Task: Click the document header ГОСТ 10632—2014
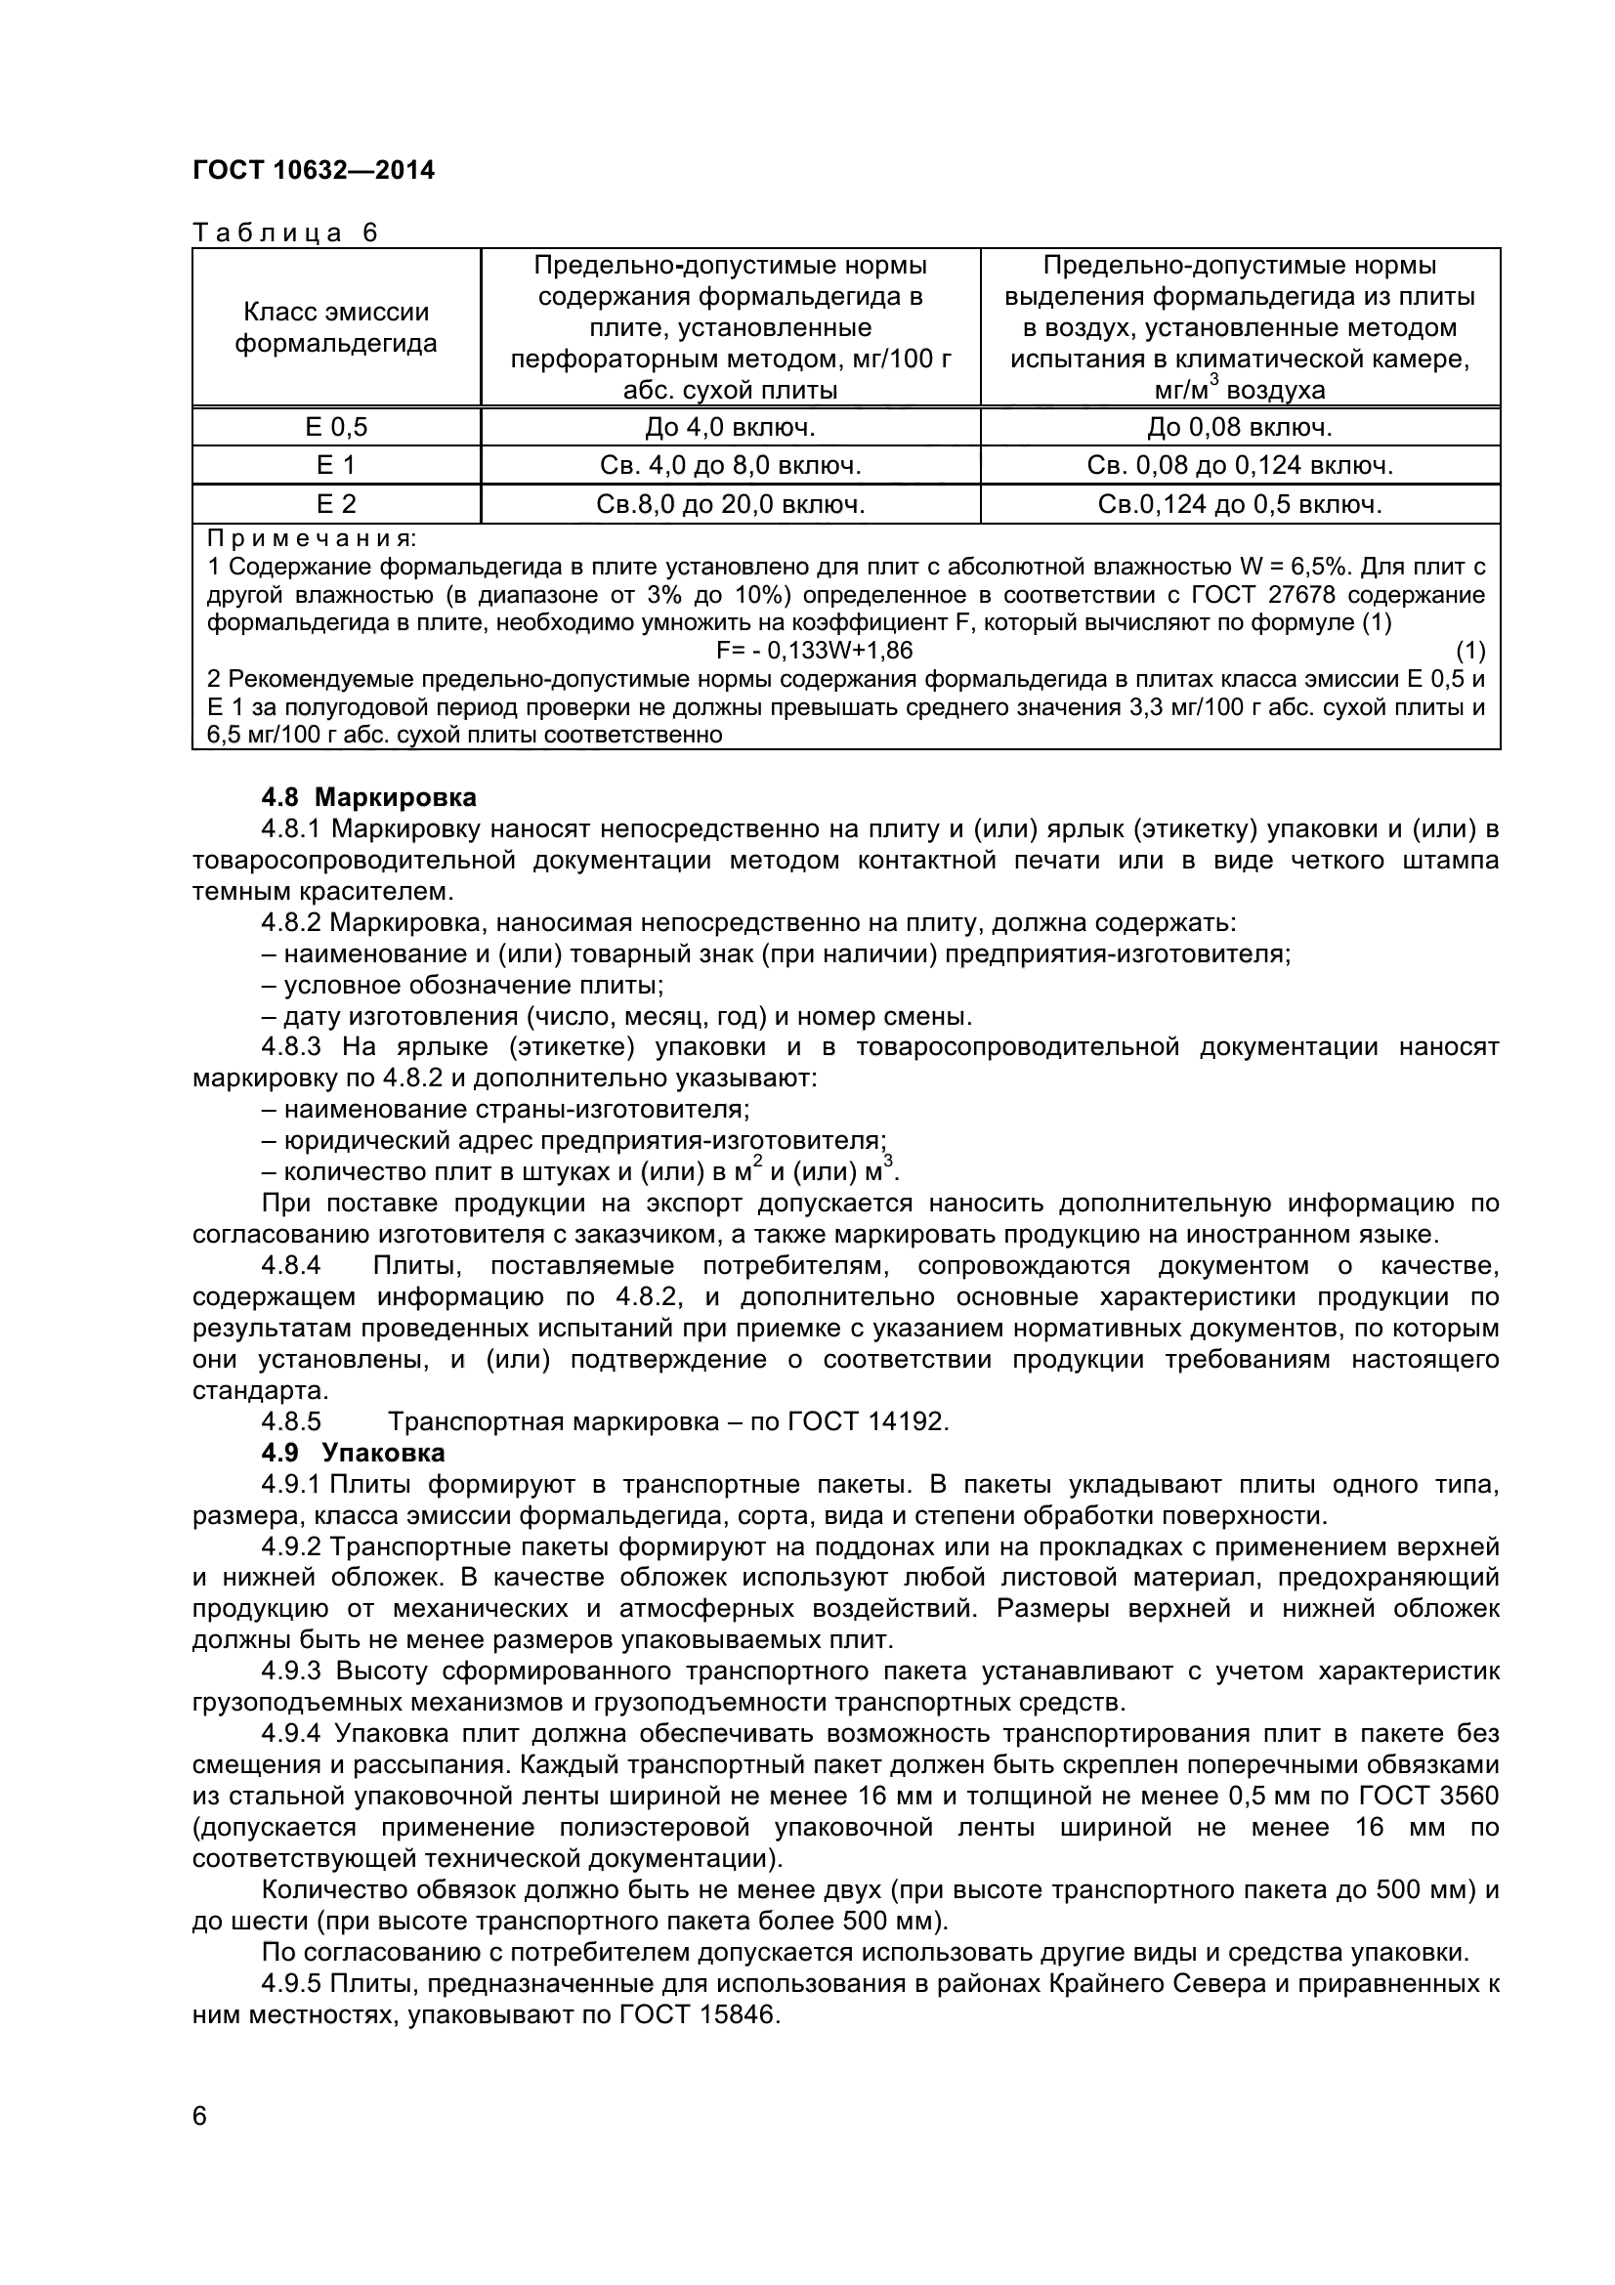(314, 171)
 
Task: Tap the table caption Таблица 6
(285, 233)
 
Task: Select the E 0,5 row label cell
(335, 427)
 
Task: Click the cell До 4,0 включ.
(731, 427)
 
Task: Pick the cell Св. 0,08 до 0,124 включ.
(1239, 466)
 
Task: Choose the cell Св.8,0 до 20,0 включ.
(731, 504)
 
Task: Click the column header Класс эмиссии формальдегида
(335, 327)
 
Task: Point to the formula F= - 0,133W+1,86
(814, 651)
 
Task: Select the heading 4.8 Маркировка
(368, 797)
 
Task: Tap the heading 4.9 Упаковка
(354, 1452)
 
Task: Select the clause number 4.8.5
(290, 1421)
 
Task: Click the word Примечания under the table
(312, 539)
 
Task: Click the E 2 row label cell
(335, 504)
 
